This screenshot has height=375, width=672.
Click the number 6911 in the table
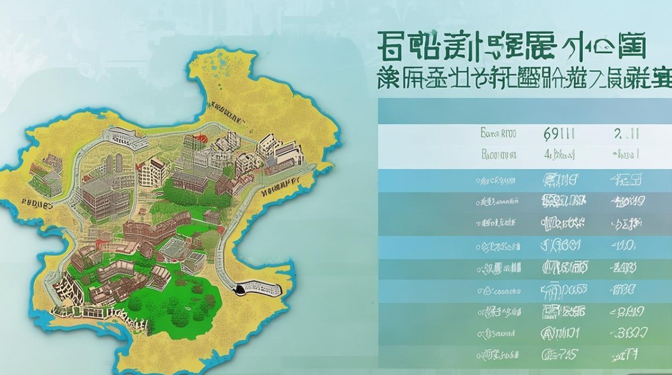point(558,133)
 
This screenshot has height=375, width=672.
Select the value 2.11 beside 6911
point(624,133)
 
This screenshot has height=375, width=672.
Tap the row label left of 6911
point(498,133)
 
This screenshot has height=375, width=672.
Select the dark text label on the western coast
point(37,204)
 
